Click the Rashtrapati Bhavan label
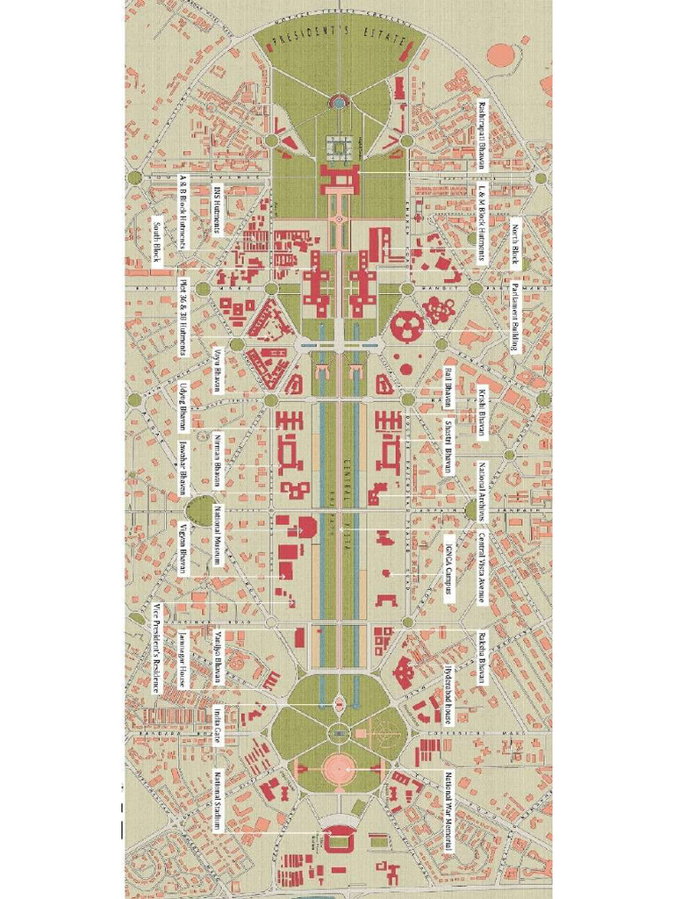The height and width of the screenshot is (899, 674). (x=482, y=134)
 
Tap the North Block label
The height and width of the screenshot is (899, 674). (x=516, y=245)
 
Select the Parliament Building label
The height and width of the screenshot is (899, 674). (x=516, y=317)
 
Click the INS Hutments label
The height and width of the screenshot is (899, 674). (x=218, y=211)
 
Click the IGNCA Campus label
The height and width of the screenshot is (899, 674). (x=448, y=565)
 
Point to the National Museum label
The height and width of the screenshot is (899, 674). (x=218, y=535)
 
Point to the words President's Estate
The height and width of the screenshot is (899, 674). (x=337, y=40)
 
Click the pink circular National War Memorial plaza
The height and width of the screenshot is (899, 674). (x=337, y=769)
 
